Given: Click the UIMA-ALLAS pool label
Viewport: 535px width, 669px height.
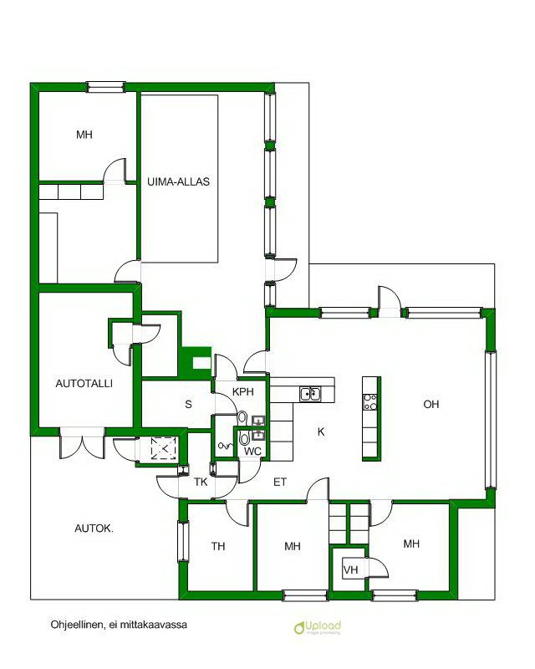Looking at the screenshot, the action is coord(178,181).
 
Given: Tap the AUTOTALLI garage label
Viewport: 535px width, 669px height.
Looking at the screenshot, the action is coord(84,383).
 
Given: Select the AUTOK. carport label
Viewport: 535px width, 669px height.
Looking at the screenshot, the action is coord(94,529).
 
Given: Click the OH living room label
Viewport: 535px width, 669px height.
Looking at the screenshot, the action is coord(431,404).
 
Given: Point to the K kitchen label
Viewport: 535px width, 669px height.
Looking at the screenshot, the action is coord(321,432).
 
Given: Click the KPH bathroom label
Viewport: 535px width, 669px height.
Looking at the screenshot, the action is coord(243,391).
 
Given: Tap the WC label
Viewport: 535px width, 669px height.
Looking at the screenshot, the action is coord(252,452).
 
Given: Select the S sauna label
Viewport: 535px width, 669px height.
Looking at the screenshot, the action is coord(188,404).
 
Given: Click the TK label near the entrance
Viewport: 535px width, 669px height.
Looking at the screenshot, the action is coord(201,483).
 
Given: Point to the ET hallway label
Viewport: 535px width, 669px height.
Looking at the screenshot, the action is coord(280,483).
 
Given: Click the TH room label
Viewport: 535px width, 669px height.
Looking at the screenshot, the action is coord(218,546).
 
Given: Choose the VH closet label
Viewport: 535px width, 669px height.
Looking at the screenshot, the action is coord(351,569).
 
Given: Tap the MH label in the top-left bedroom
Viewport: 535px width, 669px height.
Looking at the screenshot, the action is coord(84,135).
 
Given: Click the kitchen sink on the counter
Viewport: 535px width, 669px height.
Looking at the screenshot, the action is coord(310,394).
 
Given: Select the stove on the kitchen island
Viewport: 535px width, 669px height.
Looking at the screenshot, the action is coord(369,402).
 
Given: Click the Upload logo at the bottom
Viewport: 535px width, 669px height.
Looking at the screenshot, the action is coord(318,627).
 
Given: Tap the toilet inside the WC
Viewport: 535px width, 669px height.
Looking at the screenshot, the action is coord(244,438).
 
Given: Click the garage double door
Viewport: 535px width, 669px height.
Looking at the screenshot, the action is coord(83,444).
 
